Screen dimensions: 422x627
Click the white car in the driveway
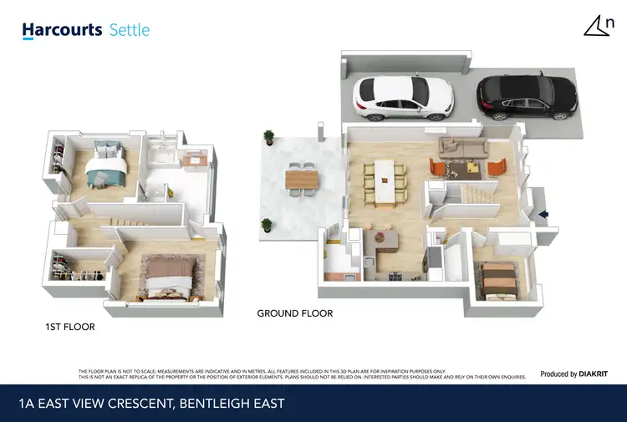pyautogui.click(x=403, y=99)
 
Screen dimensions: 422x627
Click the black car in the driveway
pyautogui.click(x=526, y=94)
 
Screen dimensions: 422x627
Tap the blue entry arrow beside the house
pyautogui.click(x=543, y=215)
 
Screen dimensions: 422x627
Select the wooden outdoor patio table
pyautogui.click(x=302, y=178)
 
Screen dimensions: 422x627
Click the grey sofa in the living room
pyautogui.click(x=463, y=149)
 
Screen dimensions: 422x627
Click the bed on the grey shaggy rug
pyautogui.click(x=171, y=275)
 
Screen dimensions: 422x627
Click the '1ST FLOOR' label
pyautogui.click(x=70, y=327)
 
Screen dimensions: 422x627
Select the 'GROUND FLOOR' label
pyautogui.click(x=295, y=313)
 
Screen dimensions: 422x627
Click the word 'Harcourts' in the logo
pyautogui.click(x=63, y=30)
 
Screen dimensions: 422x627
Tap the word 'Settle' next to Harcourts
pyautogui.click(x=130, y=30)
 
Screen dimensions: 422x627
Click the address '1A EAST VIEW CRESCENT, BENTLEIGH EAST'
pyautogui.click(x=151, y=404)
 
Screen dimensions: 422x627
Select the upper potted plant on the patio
pyautogui.click(x=268, y=136)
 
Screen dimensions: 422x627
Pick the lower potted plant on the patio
pyautogui.click(x=267, y=224)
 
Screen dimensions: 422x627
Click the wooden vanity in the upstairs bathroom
pyautogui.click(x=196, y=159)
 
